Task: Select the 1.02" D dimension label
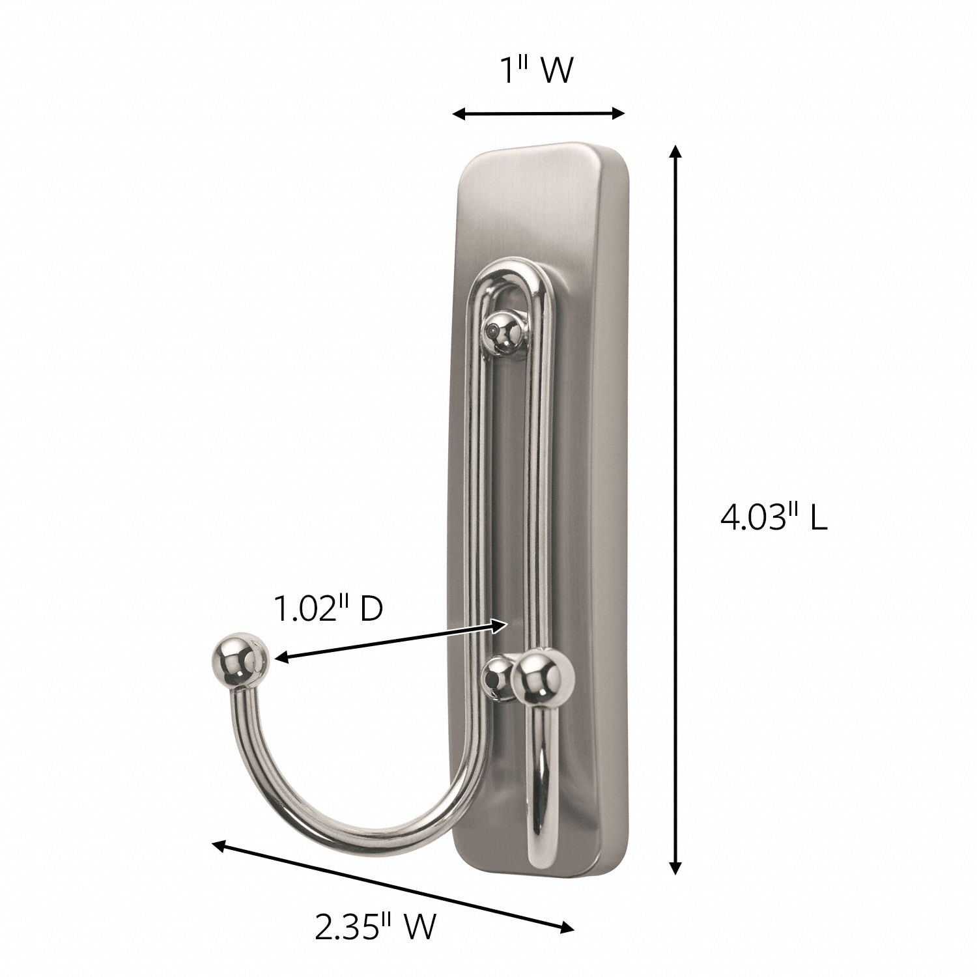coord(327,609)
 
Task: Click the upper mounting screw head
coord(508,333)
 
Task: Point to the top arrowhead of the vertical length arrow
coord(676,152)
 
